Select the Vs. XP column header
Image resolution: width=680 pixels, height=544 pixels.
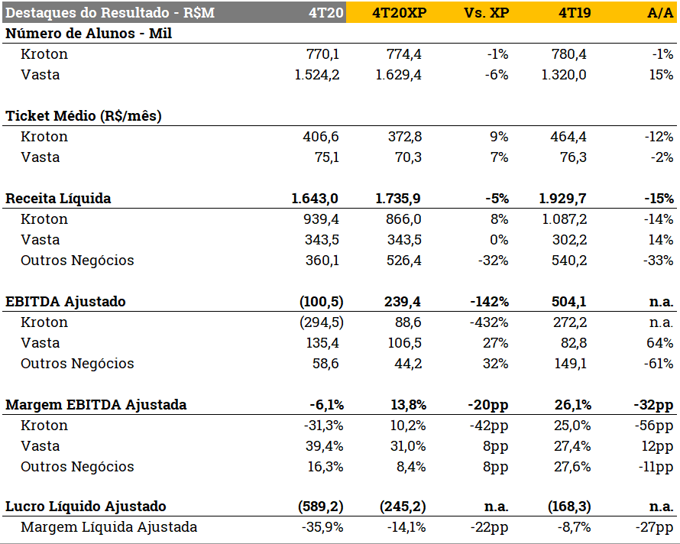[x=486, y=13]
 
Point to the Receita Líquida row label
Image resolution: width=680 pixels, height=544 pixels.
[x=58, y=199]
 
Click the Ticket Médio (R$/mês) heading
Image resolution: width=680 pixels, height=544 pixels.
[x=83, y=116]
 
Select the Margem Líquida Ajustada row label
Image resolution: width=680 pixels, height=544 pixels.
[x=108, y=527]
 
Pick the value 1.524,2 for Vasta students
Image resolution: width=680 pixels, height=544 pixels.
[x=317, y=75]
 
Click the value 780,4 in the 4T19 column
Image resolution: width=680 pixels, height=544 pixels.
[x=568, y=54]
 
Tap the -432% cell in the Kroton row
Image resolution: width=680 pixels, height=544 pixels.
[x=489, y=322]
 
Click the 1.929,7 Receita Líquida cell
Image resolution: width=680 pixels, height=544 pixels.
[x=563, y=199]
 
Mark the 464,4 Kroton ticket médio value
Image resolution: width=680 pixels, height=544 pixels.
[x=568, y=137]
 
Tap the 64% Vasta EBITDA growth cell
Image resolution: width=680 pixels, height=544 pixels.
[x=660, y=343]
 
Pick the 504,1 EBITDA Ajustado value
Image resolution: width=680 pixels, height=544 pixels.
[x=568, y=302]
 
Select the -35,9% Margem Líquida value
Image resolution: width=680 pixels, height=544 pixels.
[x=321, y=527]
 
